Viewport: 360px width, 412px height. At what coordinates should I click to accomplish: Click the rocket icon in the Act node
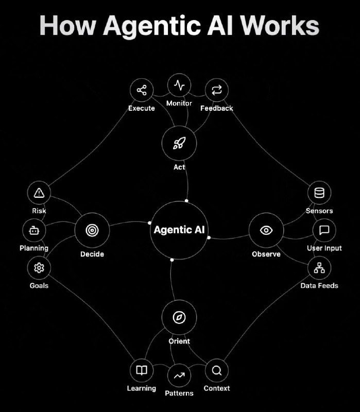click(179, 143)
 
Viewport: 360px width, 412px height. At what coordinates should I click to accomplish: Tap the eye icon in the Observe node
click(266, 230)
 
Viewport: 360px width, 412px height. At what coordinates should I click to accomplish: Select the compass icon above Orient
click(179, 317)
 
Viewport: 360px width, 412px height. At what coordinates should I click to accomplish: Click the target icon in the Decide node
click(92, 230)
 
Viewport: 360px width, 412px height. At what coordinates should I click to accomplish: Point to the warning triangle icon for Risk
click(39, 193)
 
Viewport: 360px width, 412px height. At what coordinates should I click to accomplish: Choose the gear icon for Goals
click(39, 268)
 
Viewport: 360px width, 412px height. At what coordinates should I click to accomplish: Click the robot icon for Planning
click(34, 231)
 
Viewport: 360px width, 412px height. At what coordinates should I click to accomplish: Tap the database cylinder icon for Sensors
click(319, 193)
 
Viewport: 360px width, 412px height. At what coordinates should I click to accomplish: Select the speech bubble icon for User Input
click(324, 230)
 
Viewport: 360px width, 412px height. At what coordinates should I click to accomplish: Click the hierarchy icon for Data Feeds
click(319, 268)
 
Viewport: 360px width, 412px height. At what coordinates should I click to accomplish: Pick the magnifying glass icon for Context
click(217, 371)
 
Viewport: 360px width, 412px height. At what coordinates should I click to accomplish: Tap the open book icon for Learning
click(142, 370)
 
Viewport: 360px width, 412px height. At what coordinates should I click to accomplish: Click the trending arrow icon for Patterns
click(179, 375)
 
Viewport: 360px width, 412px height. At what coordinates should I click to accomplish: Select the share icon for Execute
click(142, 90)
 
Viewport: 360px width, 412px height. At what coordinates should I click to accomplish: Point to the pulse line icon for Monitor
click(179, 85)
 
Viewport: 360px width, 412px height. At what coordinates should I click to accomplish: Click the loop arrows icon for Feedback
click(217, 90)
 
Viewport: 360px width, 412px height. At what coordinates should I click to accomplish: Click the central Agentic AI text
click(179, 230)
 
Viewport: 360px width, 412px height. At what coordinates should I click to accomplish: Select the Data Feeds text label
click(319, 286)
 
